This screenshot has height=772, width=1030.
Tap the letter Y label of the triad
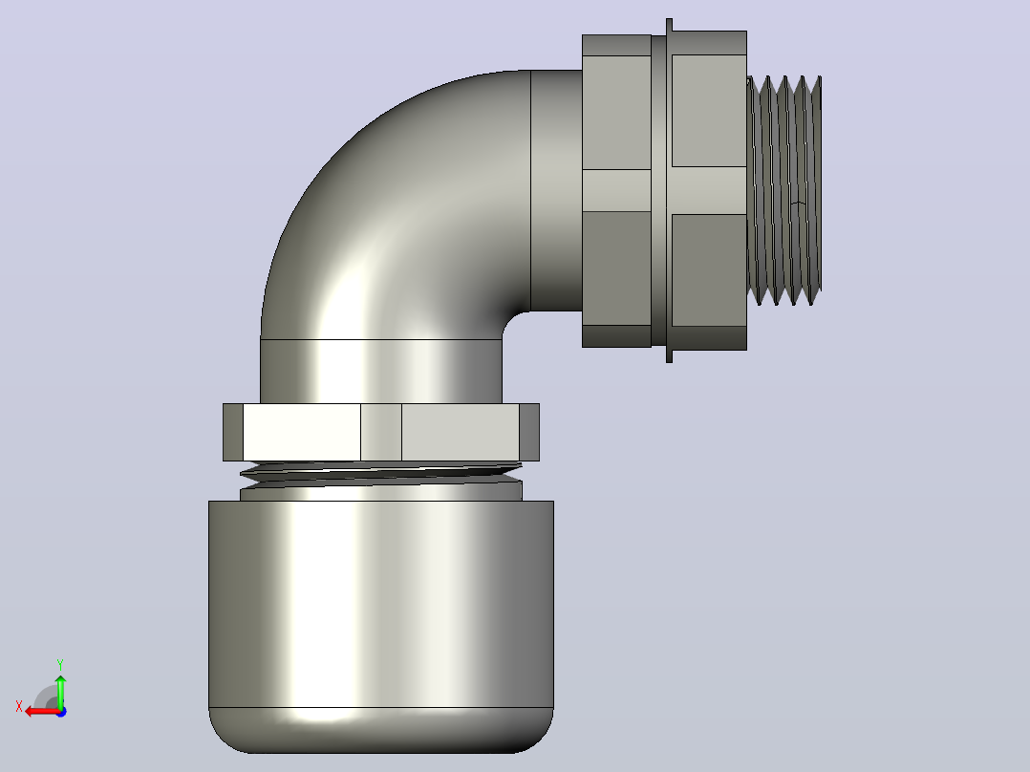(x=60, y=664)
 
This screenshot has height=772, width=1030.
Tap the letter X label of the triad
(x=19, y=707)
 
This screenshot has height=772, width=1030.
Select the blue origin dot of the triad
(x=61, y=712)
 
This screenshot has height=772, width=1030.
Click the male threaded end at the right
(x=784, y=190)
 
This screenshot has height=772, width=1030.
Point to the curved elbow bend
(x=394, y=204)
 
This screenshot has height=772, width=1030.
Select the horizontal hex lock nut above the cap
(x=381, y=432)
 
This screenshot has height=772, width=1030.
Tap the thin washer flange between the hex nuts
(x=670, y=190)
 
